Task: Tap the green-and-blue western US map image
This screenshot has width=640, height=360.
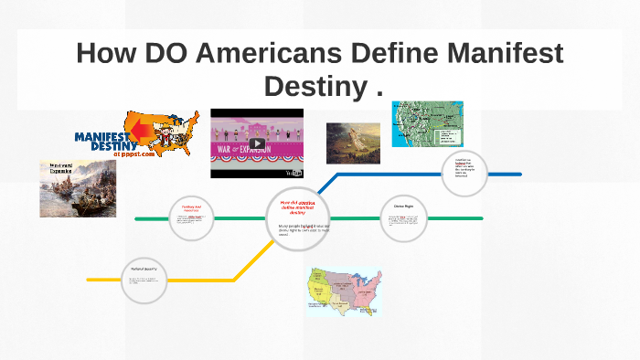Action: [427, 124]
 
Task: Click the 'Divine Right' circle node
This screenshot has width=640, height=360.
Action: [404, 218]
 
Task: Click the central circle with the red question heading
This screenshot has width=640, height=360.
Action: [297, 217]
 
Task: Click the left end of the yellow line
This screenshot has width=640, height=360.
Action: [89, 279]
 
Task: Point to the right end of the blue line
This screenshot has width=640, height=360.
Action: [519, 173]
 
